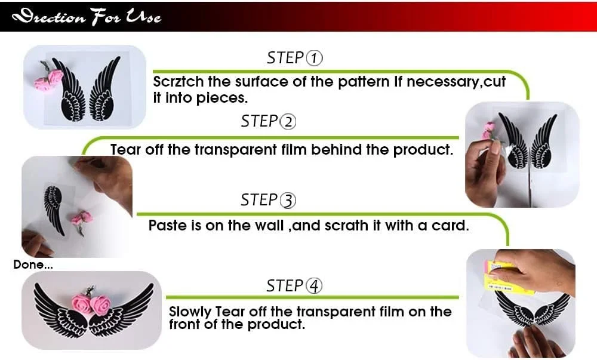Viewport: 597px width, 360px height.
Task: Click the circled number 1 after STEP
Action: (314, 59)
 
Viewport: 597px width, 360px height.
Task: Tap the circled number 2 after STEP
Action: (288, 122)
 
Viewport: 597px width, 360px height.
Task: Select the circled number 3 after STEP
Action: (288, 201)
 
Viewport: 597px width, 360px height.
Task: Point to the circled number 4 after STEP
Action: (314, 286)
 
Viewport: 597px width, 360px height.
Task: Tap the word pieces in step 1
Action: (222, 98)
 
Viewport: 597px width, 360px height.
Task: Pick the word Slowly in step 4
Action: (190, 312)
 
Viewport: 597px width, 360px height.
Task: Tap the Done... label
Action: (33, 264)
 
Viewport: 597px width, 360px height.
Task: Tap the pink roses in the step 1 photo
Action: (49, 79)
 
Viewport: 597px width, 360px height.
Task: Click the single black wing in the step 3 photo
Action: (54, 210)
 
